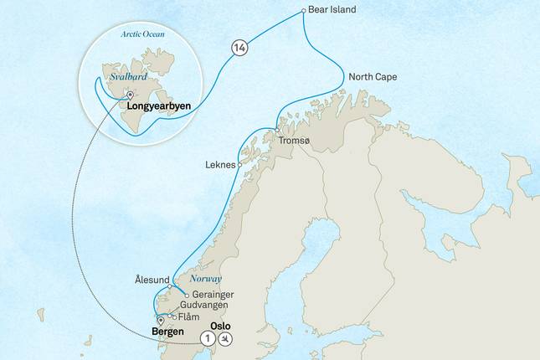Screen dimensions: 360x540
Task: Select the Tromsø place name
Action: (x=301, y=141)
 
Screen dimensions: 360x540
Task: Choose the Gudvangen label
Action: (x=204, y=306)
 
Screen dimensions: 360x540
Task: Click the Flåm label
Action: (x=189, y=317)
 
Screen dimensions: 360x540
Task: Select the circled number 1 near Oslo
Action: (x=208, y=339)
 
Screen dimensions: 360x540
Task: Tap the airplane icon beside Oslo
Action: (x=226, y=339)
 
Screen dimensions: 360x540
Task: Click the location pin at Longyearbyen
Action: (x=130, y=94)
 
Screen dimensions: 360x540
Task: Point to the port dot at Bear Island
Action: (x=303, y=11)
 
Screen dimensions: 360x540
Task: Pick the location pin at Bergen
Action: (x=159, y=320)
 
